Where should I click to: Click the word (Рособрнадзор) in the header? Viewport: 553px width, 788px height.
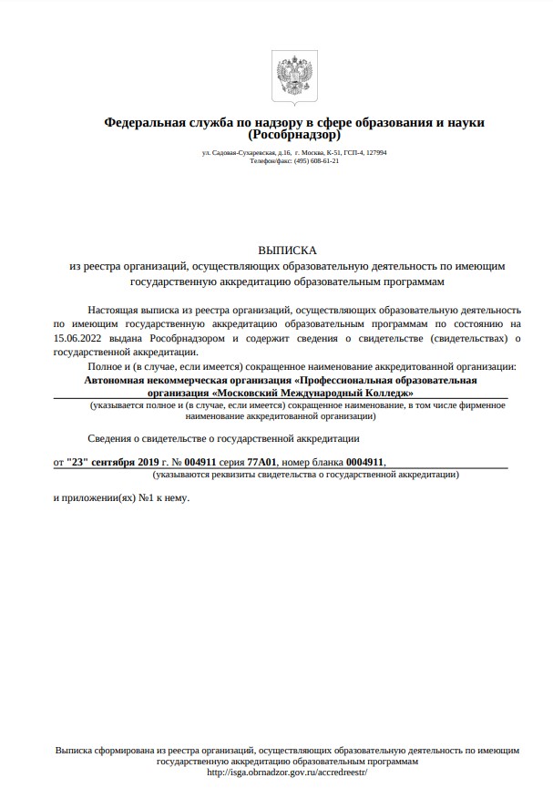(x=294, y=135)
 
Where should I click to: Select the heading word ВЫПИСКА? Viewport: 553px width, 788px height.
(x=287, y=249)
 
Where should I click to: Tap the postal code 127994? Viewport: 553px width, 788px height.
(x=376, y=152)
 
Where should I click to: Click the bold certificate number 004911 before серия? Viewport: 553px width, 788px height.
(x=200, y=462)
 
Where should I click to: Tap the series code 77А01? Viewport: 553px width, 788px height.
(x=263, y=462)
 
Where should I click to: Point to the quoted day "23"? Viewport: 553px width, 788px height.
(x=80, y=462)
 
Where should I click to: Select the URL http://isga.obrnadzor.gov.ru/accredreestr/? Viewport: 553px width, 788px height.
(x=287, y=772)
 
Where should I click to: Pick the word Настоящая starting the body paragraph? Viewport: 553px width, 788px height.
(x=112, y=310)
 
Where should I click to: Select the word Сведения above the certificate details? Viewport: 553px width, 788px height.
(x=110, y=438)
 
